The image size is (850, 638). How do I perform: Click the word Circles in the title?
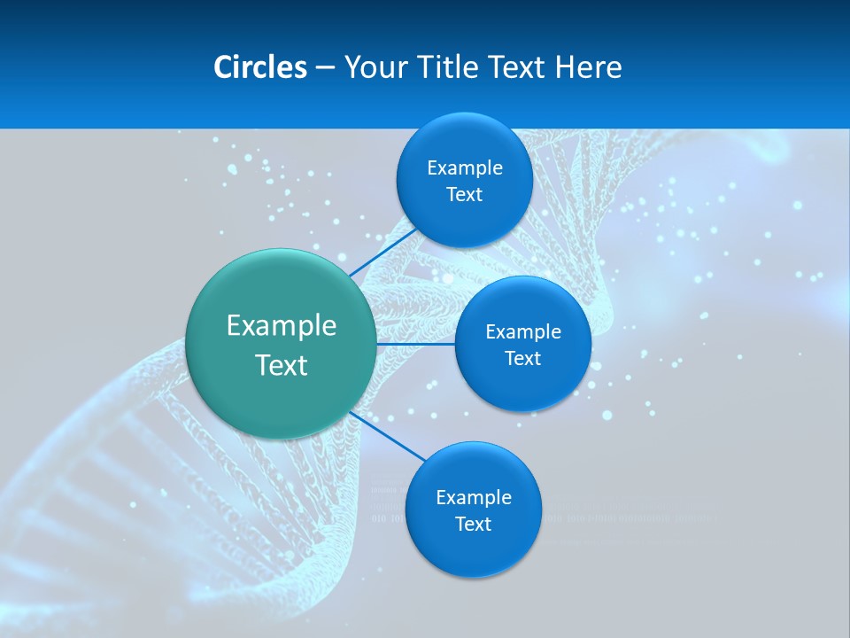point(259,67)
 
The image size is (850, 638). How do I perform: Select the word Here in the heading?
point(589,67)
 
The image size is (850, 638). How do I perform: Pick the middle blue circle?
point(522,385)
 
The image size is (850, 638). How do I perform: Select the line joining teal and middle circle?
point(416,343)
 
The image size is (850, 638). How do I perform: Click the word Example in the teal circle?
point(282,326)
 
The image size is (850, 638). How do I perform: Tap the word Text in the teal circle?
point(282,365)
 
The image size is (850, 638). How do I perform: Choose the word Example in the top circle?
point(465,168)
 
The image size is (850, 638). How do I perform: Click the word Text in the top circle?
point(465,195)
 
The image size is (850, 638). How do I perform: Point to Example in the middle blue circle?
point(523,332)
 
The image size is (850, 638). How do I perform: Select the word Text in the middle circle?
point(523,359)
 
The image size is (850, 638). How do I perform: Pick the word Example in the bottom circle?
point(474,498)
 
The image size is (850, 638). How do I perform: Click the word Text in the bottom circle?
point(474,525)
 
